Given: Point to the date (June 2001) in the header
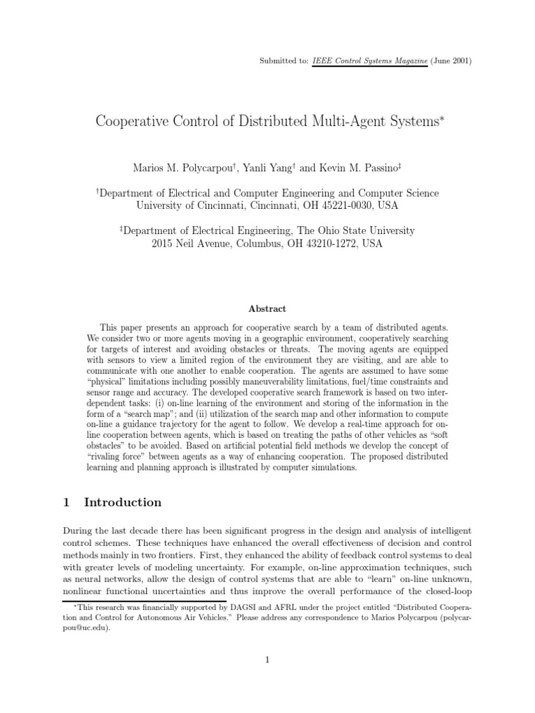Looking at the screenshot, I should tap(452, 61).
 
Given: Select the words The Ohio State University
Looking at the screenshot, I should tap(355, 230).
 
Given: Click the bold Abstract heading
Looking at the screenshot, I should tap(267, 308).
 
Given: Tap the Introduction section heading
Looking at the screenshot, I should tap(123, 502).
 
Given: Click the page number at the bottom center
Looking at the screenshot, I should tap(267, 661).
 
